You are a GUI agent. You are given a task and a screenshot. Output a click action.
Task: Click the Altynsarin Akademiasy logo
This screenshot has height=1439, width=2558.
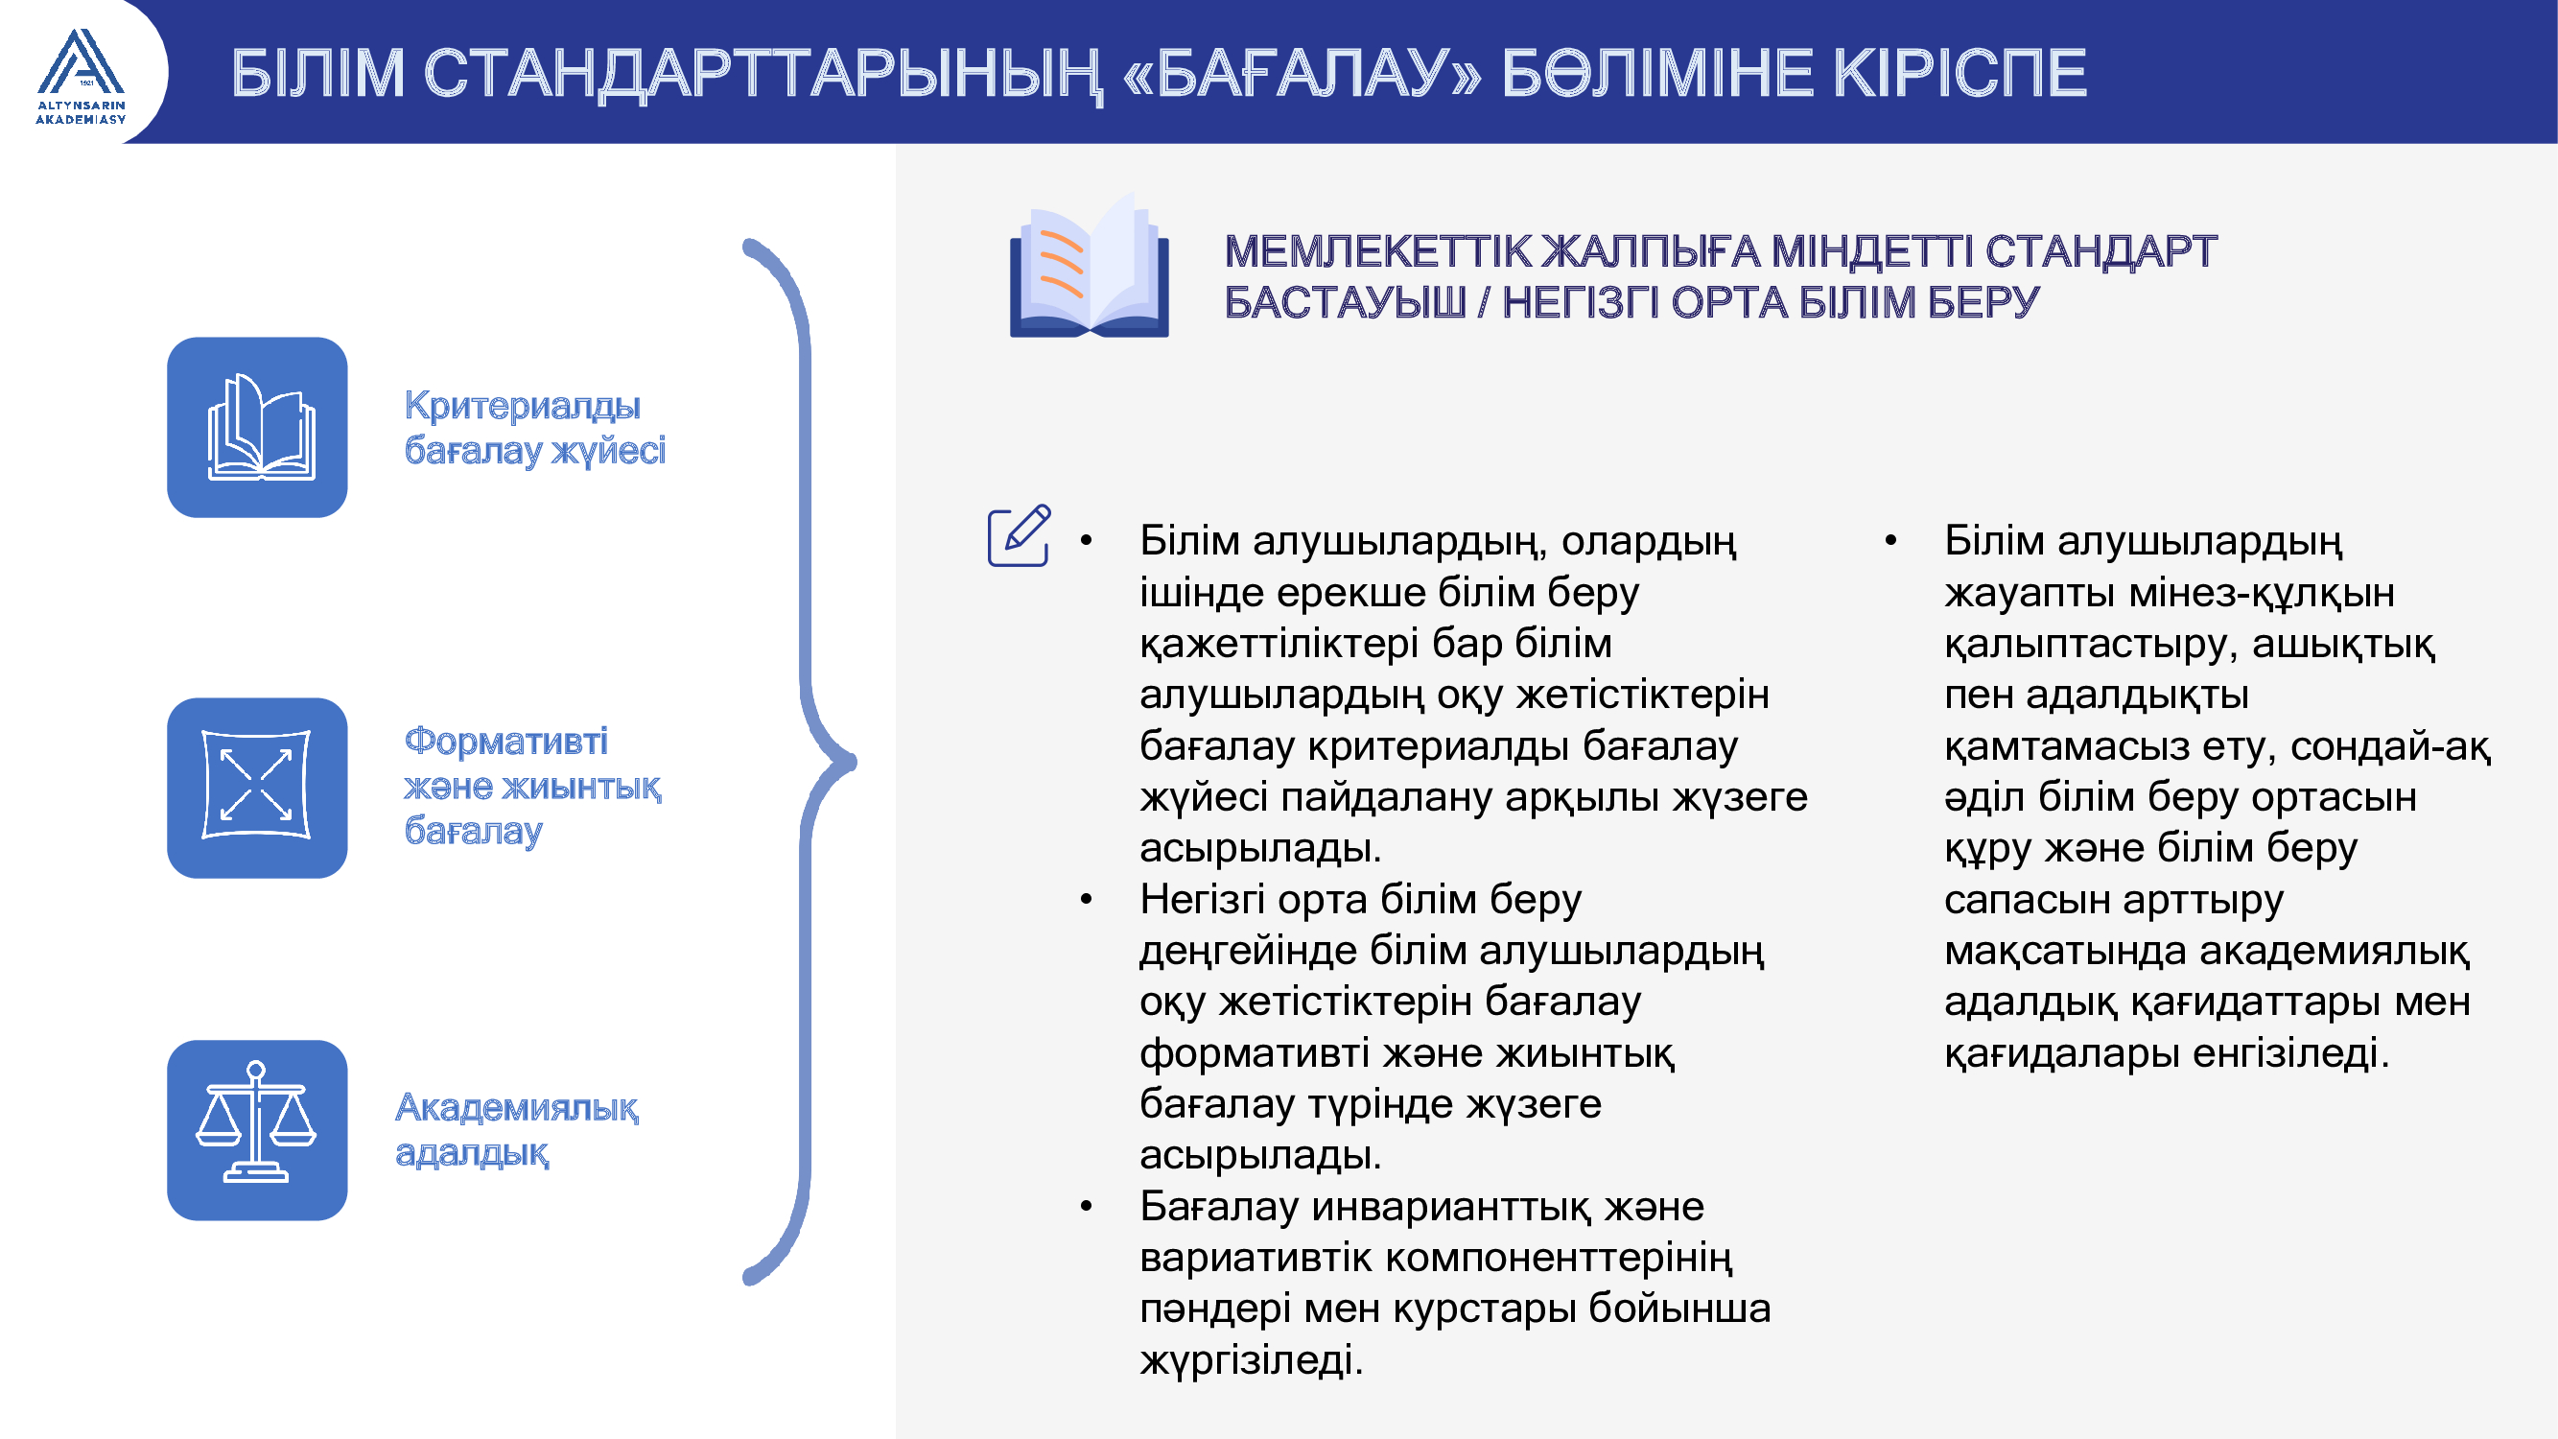coord(81,77)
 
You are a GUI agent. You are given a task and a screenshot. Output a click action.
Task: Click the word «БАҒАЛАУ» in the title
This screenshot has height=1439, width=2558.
coord(1302,74)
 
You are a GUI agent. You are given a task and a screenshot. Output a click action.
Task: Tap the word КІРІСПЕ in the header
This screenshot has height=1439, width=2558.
coord(1960,73)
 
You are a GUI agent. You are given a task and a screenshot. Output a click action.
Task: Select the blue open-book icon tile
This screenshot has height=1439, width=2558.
coord(257,427)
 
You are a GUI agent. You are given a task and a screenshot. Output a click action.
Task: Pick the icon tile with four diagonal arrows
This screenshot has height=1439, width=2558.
coord(257,788)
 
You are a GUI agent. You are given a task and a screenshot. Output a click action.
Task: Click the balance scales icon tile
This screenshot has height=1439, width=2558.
coord(257,1130)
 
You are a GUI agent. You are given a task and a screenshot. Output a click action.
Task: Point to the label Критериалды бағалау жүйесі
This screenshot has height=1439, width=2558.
coord(534,428)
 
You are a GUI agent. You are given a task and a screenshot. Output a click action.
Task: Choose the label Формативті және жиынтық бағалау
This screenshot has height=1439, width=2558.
coord(532,787)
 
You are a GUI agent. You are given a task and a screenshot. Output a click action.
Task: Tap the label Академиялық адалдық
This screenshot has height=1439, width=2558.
coord(516,1130)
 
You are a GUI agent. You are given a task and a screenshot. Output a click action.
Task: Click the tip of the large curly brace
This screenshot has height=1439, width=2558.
coord(854,763)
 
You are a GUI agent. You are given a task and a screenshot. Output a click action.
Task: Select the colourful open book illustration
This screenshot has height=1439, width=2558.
coord(1090,266)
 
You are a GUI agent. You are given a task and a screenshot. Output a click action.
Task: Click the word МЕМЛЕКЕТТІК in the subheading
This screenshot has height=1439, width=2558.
coord(1377,251)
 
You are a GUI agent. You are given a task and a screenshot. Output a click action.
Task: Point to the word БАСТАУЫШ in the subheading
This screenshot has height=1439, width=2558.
coord(1345,302)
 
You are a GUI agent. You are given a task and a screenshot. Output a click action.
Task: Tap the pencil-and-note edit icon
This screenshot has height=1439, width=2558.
coord(1020,534)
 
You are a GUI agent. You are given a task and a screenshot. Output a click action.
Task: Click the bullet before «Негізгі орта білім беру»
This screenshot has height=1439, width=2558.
coord(1087,900)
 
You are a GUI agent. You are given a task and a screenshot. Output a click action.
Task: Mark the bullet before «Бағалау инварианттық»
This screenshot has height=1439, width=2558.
coord(1087,1207)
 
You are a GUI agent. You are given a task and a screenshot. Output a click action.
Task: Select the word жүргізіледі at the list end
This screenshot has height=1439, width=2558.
coord(1252,1360)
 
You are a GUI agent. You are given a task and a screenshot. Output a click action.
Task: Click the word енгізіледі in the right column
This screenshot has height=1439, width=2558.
coord(2290,1053)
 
